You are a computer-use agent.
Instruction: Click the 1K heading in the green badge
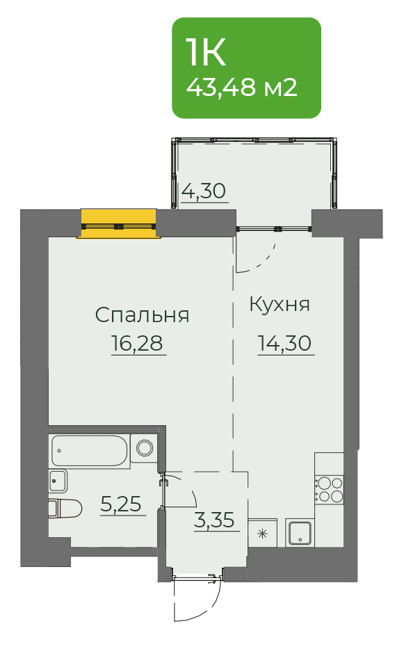click(207, 52)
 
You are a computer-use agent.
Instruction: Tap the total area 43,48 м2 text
click(242, 88)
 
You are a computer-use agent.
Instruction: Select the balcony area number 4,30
click(204, 191)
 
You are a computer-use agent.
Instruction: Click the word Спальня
click(142, 315)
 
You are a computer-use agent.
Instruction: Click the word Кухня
click(280, 304)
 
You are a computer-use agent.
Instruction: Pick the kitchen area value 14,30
click(285, 343)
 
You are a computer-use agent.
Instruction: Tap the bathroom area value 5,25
click(121, 504)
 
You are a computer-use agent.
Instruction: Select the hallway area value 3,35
click(214, 520)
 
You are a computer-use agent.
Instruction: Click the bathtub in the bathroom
click(89, 450)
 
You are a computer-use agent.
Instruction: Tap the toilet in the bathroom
click(65, 509)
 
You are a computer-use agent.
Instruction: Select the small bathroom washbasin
click(58, 481)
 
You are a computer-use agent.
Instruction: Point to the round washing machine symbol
click(145, 448)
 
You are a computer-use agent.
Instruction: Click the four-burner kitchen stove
click(330, 490)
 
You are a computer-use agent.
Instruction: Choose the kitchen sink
click(300, 533)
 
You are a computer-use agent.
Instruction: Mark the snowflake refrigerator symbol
click(262, 534)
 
